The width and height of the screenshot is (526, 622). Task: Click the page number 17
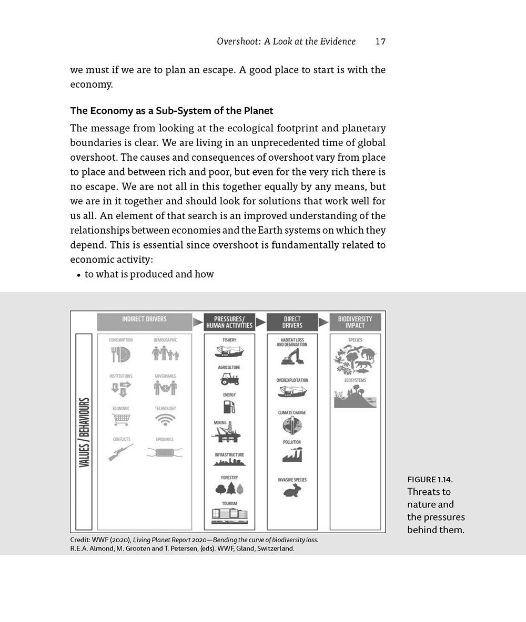point(380,42)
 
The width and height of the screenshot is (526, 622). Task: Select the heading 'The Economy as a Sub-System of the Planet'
point(171,111)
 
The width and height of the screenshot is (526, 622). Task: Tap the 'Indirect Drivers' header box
point(144,322)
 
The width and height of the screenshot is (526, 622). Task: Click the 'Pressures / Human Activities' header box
point(229,322)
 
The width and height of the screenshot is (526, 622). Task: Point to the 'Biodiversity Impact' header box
point(355,322)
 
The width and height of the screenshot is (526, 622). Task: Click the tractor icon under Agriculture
point(229,378)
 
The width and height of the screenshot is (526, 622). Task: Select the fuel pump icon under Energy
point(229,407)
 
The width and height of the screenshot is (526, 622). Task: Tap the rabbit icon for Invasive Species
point(292,491)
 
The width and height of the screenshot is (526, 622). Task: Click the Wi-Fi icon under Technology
point(165,419)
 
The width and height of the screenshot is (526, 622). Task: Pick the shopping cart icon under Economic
point(120,419)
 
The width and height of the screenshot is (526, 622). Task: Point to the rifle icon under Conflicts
point(120,452)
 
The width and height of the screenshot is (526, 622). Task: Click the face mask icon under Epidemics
point(165,452)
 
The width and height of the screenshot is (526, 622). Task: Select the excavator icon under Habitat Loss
point(292,357)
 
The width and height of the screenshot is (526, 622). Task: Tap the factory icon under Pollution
point(292,454)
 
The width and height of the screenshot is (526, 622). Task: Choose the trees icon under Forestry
point(229,489)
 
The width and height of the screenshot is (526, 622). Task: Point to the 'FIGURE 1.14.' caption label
point(430,479)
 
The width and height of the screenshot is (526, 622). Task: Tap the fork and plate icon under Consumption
point(120,355)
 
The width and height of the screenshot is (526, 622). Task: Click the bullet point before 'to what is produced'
point(78,275)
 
